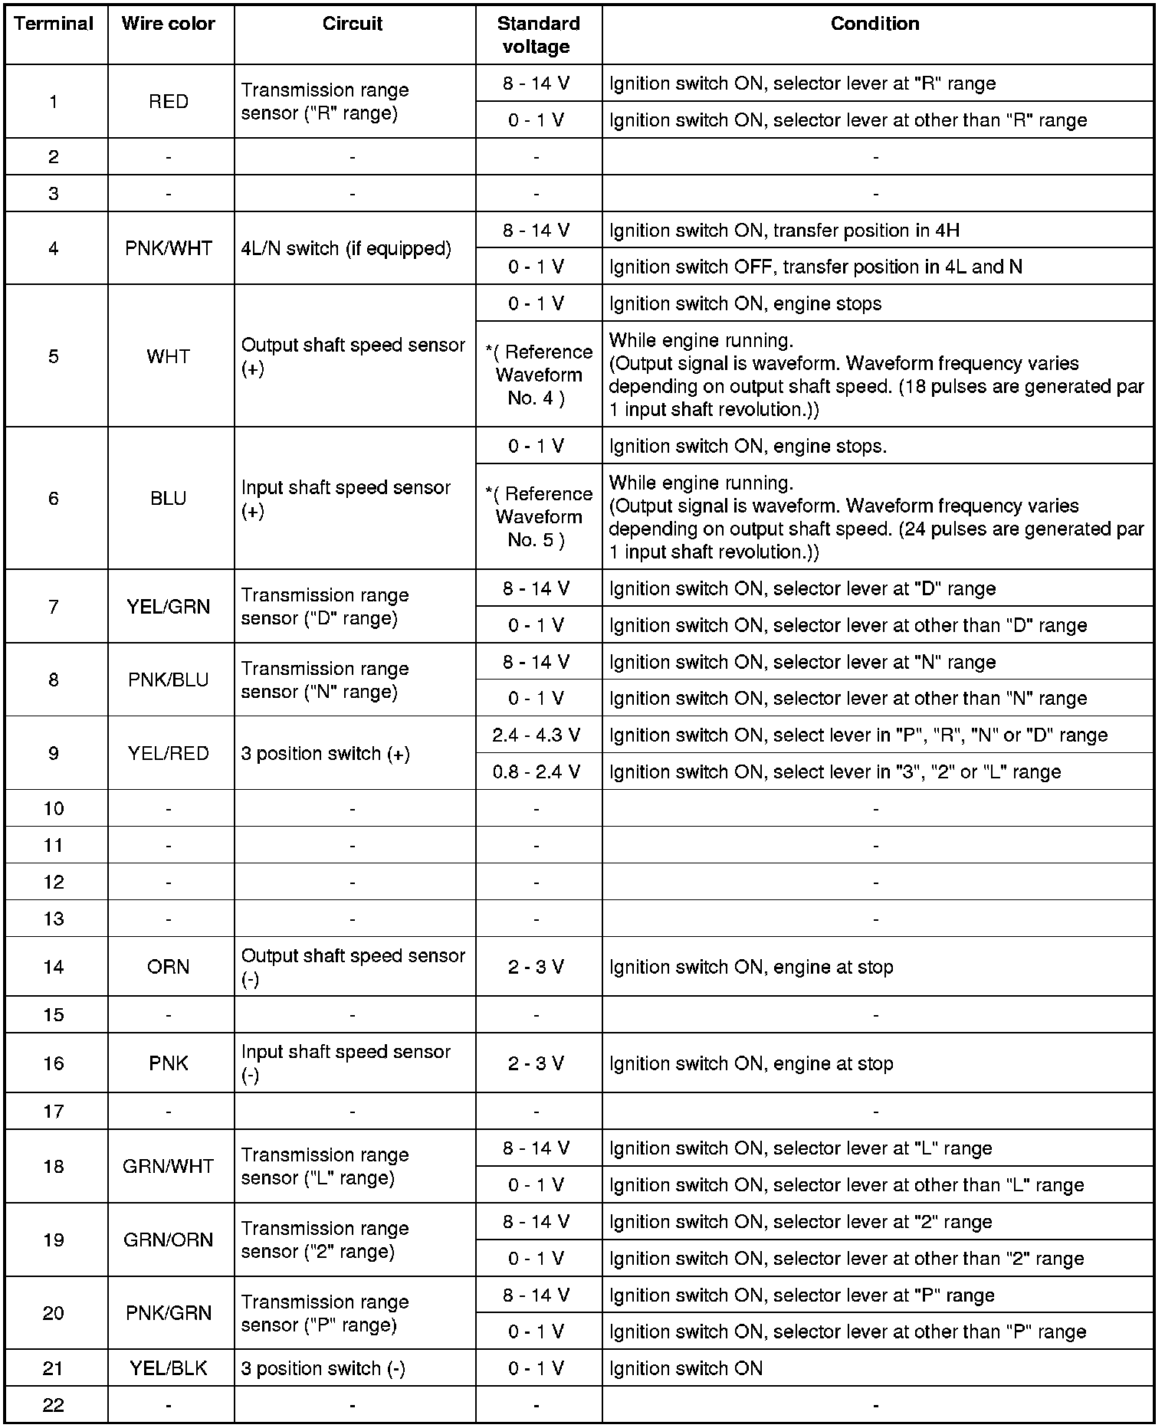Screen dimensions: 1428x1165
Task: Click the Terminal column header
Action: [54, 24]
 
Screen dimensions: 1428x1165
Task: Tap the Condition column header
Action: [875, 24]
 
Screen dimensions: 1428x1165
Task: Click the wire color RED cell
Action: [169, 101]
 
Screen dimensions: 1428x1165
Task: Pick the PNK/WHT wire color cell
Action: [169, 248]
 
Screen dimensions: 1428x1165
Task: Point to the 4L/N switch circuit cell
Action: [346, 248]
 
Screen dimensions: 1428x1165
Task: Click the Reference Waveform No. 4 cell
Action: [539, 375]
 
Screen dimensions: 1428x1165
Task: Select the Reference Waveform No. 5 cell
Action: [539, 516]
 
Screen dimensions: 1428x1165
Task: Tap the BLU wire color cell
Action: [169, 498]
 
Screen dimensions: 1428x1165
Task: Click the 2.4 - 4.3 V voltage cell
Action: [537, 735]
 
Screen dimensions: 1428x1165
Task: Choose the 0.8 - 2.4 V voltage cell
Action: [537, 771]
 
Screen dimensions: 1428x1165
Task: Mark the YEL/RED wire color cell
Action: [169, 753]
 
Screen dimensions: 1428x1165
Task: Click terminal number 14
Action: [54, 967]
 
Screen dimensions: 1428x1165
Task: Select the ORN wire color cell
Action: [169, 967]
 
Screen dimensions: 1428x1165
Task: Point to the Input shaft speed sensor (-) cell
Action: [346, 1063]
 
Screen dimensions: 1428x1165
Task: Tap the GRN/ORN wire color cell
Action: [169, 1240]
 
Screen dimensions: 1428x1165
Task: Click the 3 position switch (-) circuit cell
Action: [323, 1368]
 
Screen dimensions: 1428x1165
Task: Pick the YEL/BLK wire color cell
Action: [169, 1368]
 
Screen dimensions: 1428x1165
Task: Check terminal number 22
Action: [54, 1405]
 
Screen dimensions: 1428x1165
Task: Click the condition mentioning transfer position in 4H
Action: [784, 231]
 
